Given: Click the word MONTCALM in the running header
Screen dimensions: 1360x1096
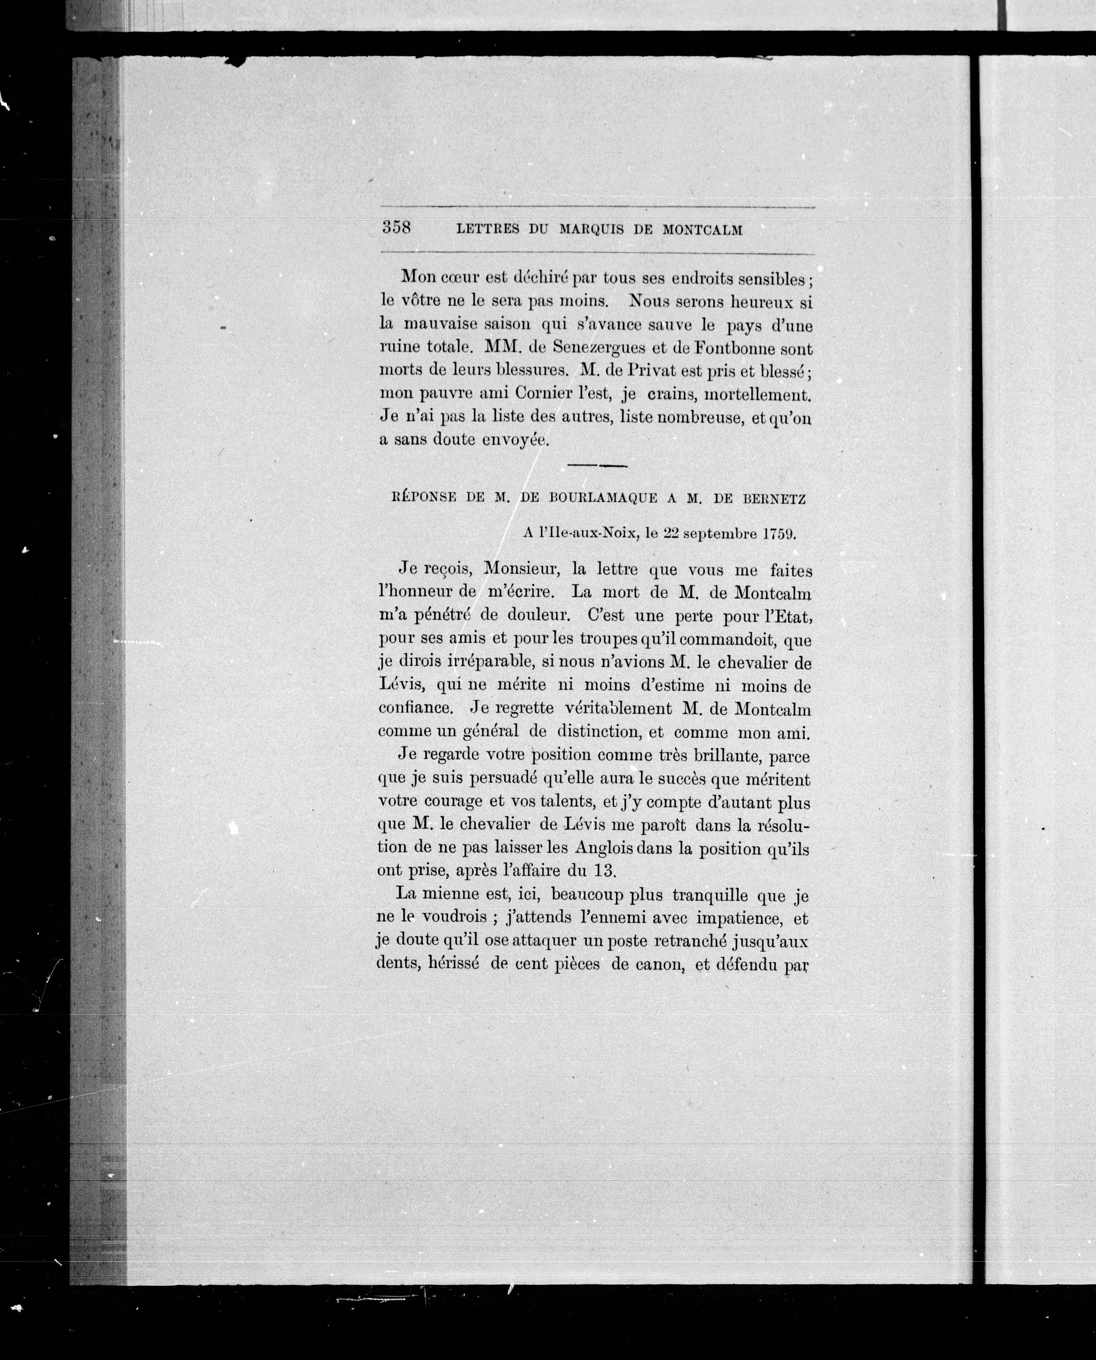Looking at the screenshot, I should point(702,231).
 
